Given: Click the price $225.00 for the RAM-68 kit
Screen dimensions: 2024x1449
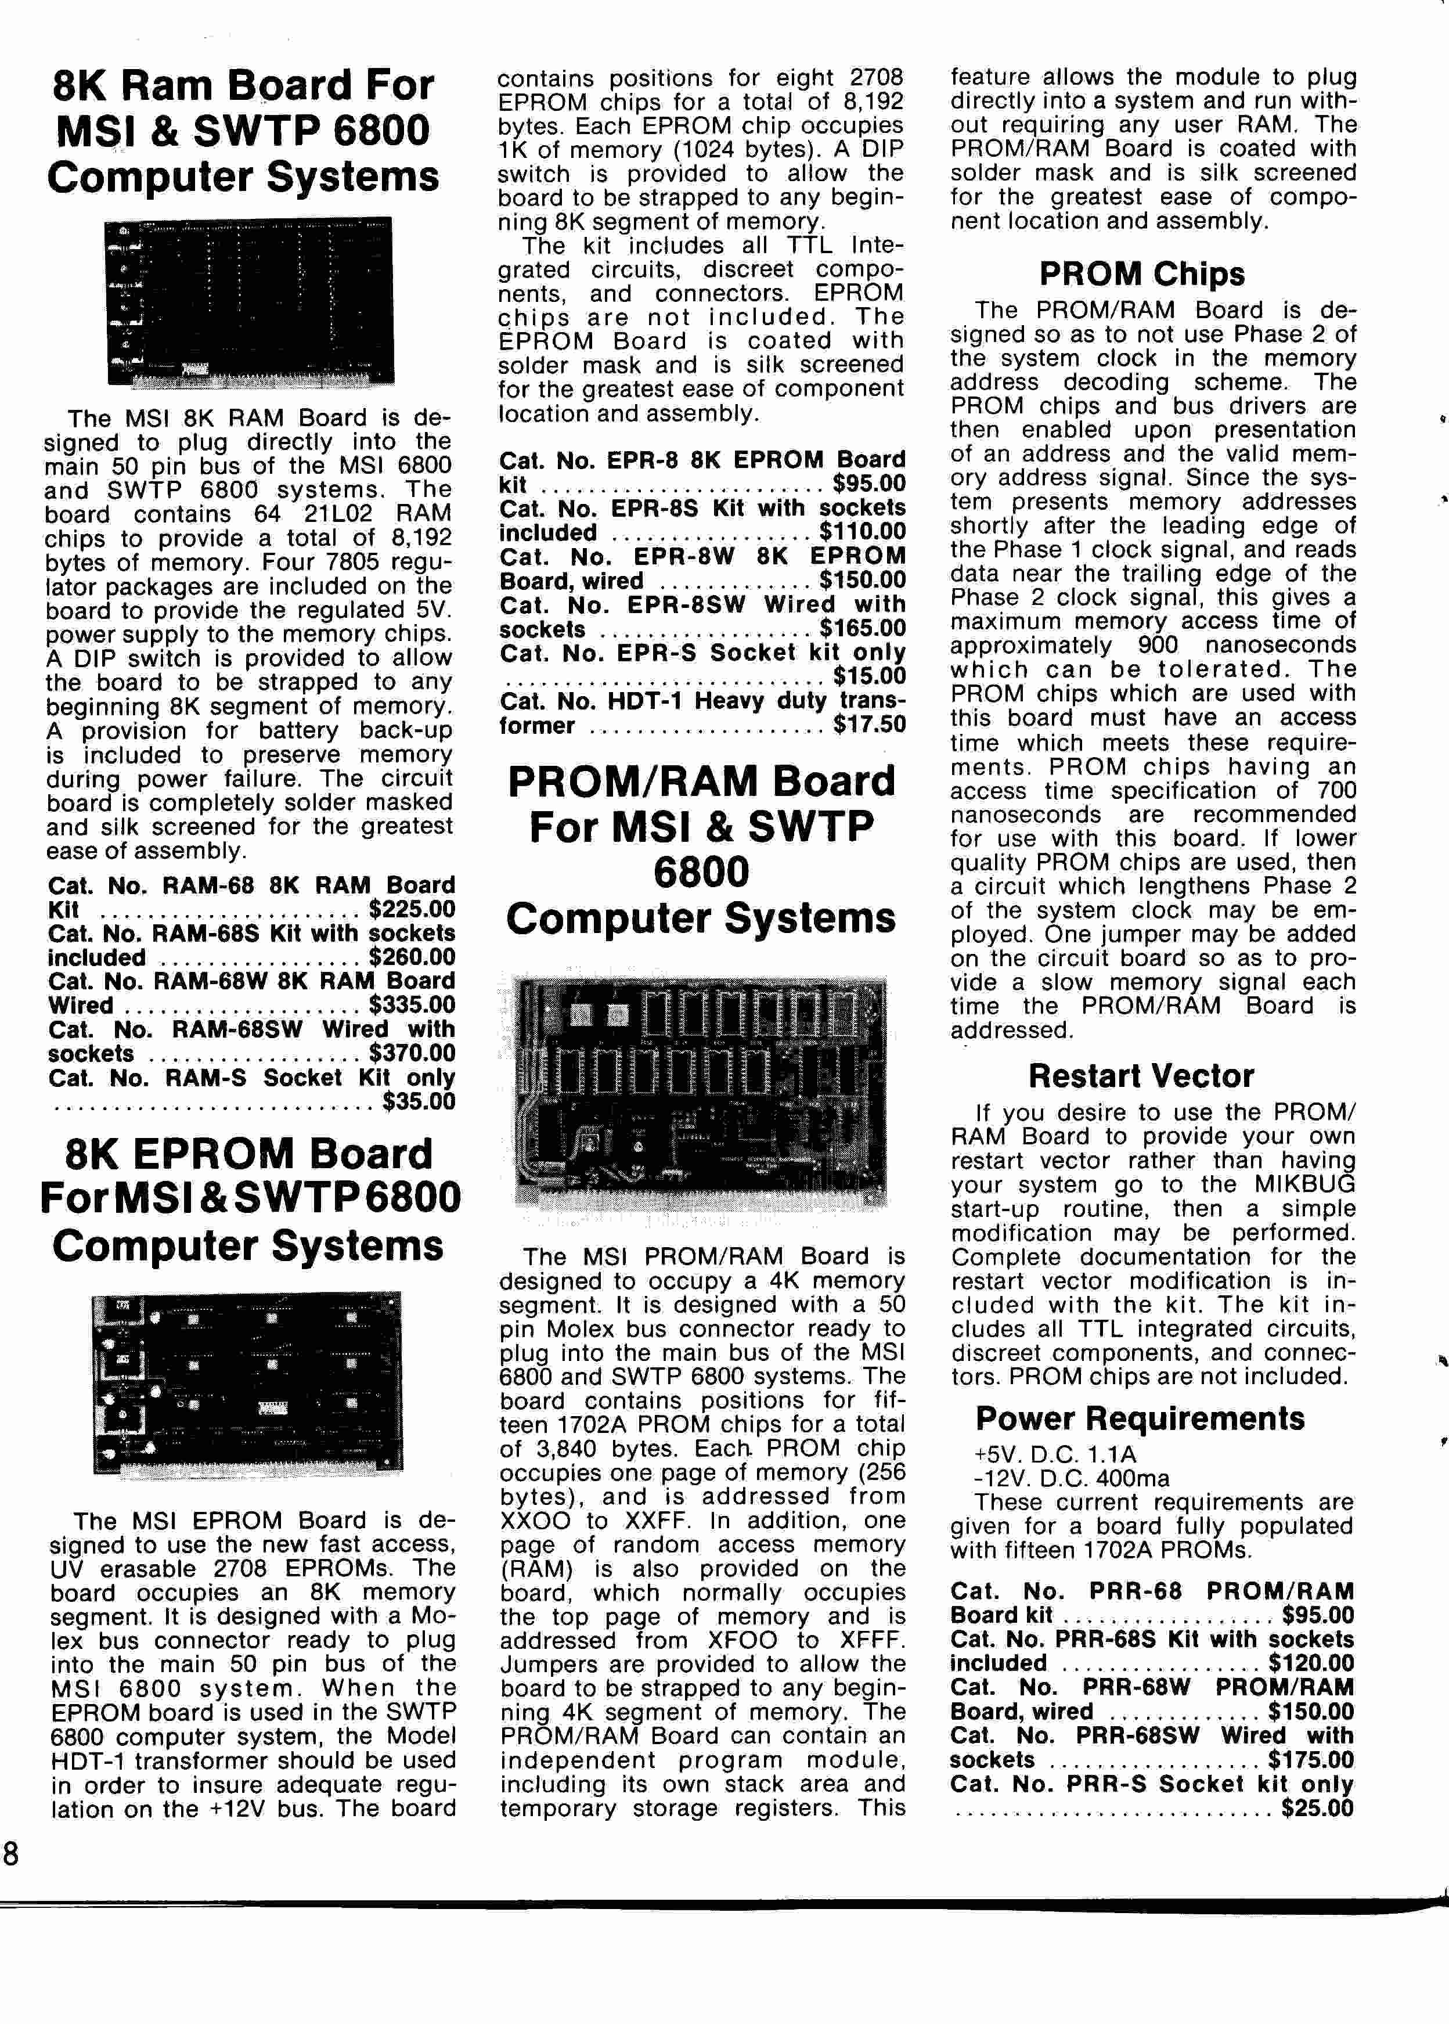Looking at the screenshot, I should point(412,909).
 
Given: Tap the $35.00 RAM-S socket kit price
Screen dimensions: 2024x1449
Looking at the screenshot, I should point(419,1102).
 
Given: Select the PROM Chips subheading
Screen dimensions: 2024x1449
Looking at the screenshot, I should point(1141,274).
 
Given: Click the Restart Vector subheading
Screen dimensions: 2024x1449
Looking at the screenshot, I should point(1141,1076).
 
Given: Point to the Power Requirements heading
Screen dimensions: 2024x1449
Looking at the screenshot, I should point(1140,1418).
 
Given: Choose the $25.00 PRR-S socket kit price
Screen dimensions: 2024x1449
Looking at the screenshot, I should point(1317,1809).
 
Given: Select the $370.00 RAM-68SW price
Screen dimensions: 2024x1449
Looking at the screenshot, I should point(412,1054).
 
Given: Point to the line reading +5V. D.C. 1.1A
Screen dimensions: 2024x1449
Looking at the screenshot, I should point(1055,1454).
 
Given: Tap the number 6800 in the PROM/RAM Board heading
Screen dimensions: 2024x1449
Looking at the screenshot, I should point(701,873).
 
